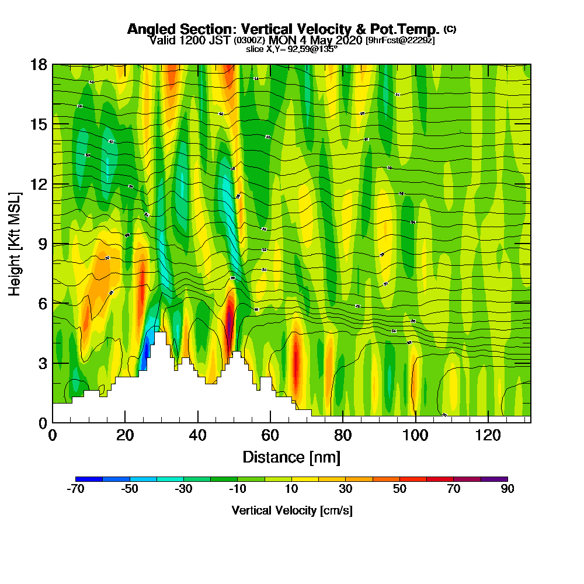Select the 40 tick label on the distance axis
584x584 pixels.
click(198, 435)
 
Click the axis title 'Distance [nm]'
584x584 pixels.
click(291, 457)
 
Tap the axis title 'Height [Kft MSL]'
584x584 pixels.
click(15, 244)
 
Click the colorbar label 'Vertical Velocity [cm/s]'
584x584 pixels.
click(291, 511)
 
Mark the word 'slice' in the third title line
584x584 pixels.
click(255, 49)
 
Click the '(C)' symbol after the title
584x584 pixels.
click(450, 29)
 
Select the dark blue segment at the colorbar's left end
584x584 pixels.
click(89, 479)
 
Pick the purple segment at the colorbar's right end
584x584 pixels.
click(494, 479)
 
